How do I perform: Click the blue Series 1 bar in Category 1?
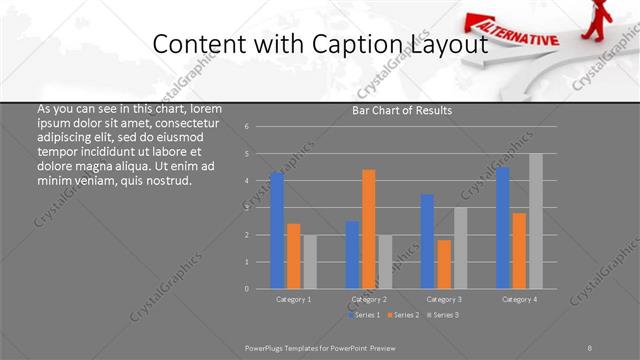click(x=277, y=230)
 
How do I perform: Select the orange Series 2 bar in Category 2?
click(x=369, y=229)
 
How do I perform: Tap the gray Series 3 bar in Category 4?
click(x=536, y=221)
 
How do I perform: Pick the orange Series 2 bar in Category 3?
click(x=444, y=264)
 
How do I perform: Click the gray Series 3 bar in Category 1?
click(x=310, y=262)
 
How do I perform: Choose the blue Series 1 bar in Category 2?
click(x=353, y=255)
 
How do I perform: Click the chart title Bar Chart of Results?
click(x=402, y=110)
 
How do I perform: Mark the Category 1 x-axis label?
click(x=294, y=299)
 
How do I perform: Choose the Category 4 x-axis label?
click(x=519, y=299)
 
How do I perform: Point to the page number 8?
click(x=589, y=347)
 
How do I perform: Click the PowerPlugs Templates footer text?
click(x=321, y=347)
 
